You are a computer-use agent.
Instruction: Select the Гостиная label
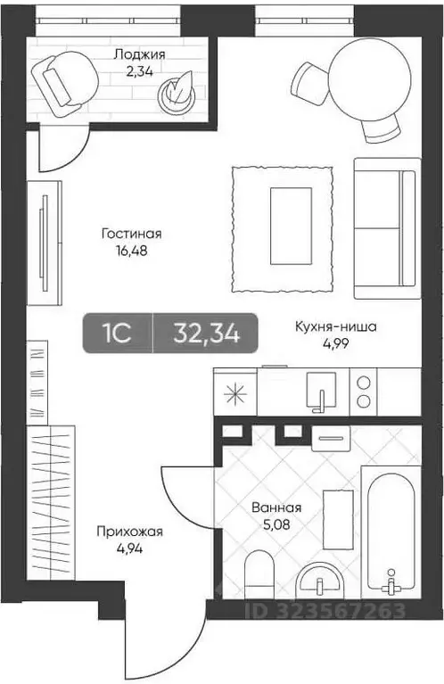(x=131, y=234)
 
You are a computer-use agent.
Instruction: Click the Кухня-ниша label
(x=336, y=326)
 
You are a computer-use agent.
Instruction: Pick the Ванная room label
(x=275, y=507)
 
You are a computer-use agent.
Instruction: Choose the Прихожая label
(x=130, y=532)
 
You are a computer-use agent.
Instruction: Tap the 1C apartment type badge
(x=118, y=334)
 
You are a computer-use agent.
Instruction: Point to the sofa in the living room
(x=386, y=227)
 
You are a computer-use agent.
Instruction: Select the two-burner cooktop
(x=366, y=391)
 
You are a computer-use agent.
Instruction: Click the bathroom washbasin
(x=318, y=582)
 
